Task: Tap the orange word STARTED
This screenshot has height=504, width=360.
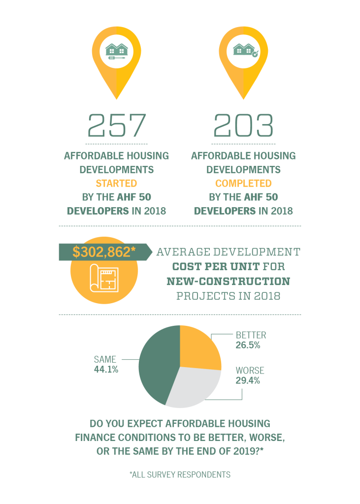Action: [x=116, y=184]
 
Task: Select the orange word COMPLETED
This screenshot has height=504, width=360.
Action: [x=243, y=184]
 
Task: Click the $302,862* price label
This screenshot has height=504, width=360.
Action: [x=104, y=252]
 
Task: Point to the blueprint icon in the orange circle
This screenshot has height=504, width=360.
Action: [x=103, y=280]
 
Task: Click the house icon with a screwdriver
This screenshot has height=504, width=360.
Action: [x=117, y=51]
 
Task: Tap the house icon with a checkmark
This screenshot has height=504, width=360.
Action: [x=244, y=51]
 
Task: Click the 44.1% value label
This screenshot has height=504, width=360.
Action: [x=106, y=369]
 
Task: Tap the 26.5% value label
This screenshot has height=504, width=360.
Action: [x=248, y=345]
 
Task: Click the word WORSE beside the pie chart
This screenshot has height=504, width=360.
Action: [x=250, y=370]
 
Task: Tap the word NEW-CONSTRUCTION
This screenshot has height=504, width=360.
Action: [x=228, y=282]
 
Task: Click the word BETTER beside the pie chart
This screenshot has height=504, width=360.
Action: [x=251, y=335]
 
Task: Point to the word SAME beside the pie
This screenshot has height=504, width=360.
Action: [x=105, y=359]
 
